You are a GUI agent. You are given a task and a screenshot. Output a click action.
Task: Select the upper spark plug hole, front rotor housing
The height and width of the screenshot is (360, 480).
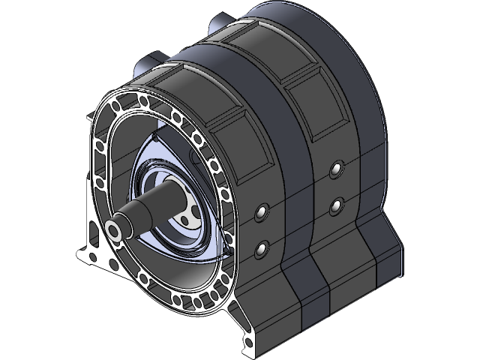(261, 213)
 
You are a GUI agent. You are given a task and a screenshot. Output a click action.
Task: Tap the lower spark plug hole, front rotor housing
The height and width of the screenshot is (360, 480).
(261, 247)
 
